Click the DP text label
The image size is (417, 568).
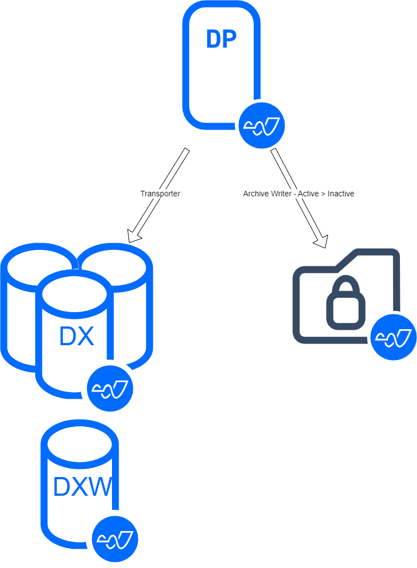pos(221,39)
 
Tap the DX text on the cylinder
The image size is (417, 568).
pos(77,336)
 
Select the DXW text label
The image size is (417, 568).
pos(82,487)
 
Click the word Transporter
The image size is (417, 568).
pos(160,194)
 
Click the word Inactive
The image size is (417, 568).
pos(340,194)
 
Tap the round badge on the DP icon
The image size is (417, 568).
pos(261,125)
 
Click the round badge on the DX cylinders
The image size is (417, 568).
pos(110,388)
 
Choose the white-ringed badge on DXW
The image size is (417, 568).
pos(115,539)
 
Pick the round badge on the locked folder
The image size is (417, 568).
pos(393,337)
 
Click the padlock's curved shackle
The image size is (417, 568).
pos(346,287)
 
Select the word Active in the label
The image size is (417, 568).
pos(308,194)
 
